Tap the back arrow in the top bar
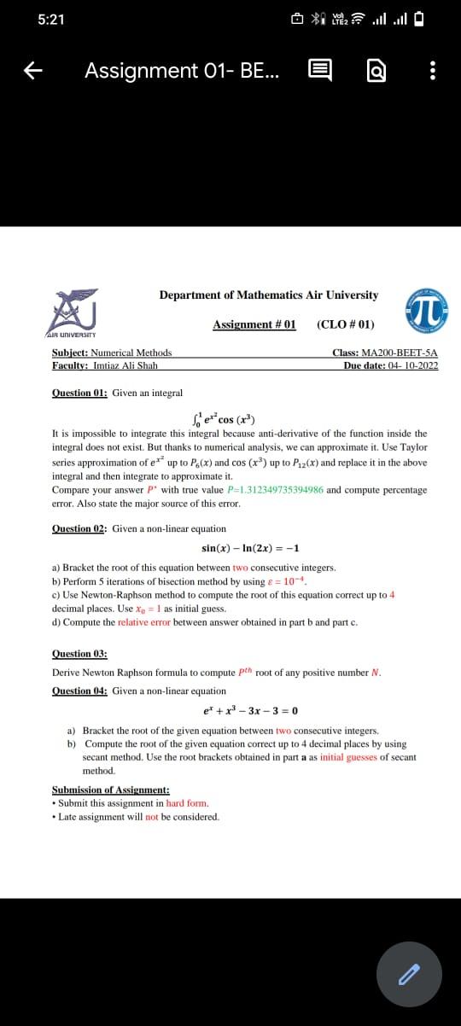pyautogui.click(x=33, y=72)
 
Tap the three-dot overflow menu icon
pyautogui.click(x=433, y=72)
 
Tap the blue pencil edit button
pyautogui.click(x=410, y=974)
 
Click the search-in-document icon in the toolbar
pyautogui.click(x=377, y=72)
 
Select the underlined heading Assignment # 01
pyautogui.click(x=254, y=324)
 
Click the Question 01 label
pyautogui.click(x=79, y=393)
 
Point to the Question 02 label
pyautogui.click(x=79, y=528)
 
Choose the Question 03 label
pyautogui.click(x=79, y=653)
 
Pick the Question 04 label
pyautogui.click(x=79, y=691)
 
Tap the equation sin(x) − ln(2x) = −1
pyautogui.click(x=250, y=548)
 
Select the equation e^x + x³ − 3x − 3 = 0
pyautogui.click(x=250, y=710)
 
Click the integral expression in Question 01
pyautogui.click(x=225, y=418)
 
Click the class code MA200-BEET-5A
pyautogui.click(x=400, y=353)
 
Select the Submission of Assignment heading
pyautogui.click(x=110, y=790)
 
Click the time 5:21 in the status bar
pyautogui.click(x=52, y=20)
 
